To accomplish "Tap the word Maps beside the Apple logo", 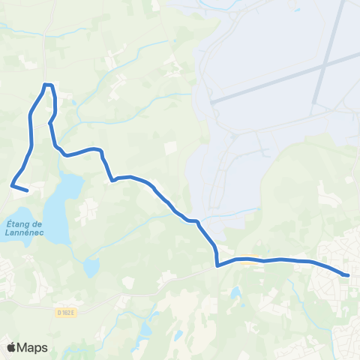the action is click(x=33, y=347).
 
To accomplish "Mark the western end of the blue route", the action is click(x=27, y=190).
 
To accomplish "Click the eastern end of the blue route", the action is click(x=347, y=274).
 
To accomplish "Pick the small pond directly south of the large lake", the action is click(x=91, y=266).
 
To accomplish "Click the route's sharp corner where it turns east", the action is click(x=217, y=265).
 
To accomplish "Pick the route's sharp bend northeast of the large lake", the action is click(x=112, y=180).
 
